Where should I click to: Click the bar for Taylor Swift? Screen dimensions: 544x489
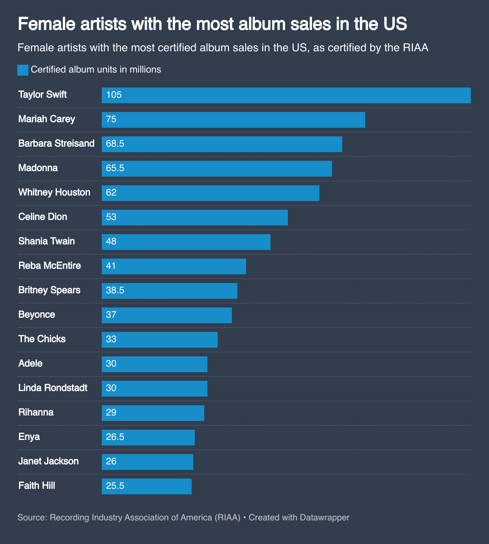pyautogui.click(x=286, y=95)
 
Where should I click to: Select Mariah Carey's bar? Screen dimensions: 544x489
pyautogui.click(x=233, y=120)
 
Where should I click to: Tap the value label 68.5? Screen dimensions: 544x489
pyautogui.click(x=115, y=144)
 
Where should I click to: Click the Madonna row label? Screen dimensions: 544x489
pyautogui.click(x=38, y=168)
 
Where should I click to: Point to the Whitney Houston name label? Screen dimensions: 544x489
pyautogui.click(x=54, y=192)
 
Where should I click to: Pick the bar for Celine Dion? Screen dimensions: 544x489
pyautogui.click(x=194, y=218)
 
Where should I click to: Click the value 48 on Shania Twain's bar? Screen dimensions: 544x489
pyautogui.click(x=111, y=242)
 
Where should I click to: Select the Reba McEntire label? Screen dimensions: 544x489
pyautogui.click(x=50, y=266)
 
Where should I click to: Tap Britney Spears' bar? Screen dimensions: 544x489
pyautogui.click(x=169, y=291)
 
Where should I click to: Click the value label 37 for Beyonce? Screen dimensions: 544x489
pyautogui.click(x=111, y=315)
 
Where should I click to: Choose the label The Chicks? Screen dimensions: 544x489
pyautogui.click(x=42, y=339)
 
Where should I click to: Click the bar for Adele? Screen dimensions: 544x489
pyautogui.click(x=154, y=364)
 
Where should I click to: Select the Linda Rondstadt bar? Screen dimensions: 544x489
pyautogui.click(x=154, y=389)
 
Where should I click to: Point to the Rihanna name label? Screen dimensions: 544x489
pyautogui.click(x=36, y=412)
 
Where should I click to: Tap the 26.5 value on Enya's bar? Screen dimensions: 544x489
pyautogui.click(x=115, y=437)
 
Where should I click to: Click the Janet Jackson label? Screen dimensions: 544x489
pyautogui.click(x=49, y=461)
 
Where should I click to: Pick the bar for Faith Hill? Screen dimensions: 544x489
pyautogui.click(x=146, y=486)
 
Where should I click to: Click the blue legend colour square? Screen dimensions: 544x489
pyautogui.click(x=23, y=70)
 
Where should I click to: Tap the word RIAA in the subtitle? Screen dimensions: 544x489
pyautogui.click(x=415, y=48)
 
